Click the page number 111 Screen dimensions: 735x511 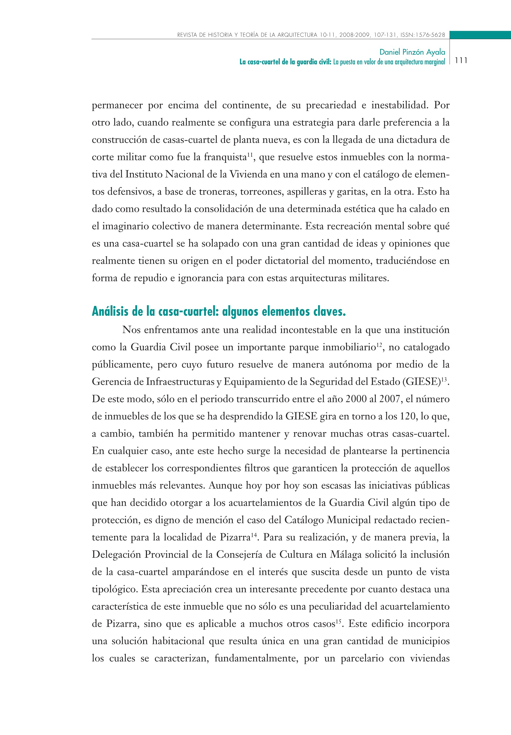click(461, 60)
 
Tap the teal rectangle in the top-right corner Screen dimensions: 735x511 click(480, 35)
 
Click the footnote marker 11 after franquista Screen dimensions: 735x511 click(250, 155)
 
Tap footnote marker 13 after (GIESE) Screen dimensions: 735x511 click(444, 380)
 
